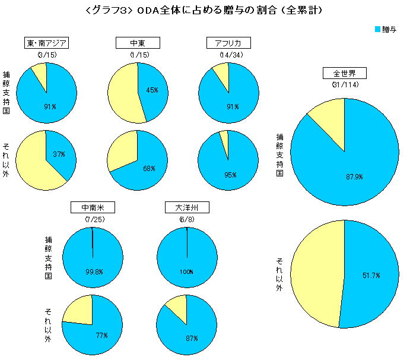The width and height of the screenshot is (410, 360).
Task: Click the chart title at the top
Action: point(205,10)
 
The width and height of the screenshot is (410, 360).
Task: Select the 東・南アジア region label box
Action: point(46,43)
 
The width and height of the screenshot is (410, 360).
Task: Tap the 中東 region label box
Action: point(137,43)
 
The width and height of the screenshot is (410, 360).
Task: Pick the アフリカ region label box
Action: point(228,43)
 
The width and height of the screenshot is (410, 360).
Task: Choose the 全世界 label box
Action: point(344,74)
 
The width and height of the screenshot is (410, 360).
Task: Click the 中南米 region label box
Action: point(93,208)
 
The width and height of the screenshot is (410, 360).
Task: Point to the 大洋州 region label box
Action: point(187,208)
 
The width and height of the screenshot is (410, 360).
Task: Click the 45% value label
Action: point(152,90)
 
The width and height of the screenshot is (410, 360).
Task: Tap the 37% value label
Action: point(59,154)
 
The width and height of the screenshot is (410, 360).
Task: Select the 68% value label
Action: point(149,169)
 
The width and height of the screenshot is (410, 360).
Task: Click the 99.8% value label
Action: point(94,272)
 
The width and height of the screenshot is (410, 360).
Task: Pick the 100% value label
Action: point(187,272)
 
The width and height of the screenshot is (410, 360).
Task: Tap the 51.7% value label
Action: point(371,276)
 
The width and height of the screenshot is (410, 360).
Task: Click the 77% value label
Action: point(101,336)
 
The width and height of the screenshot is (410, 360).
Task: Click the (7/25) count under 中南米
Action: point(93,220)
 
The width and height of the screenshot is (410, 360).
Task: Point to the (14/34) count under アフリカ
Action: point(228,55)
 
